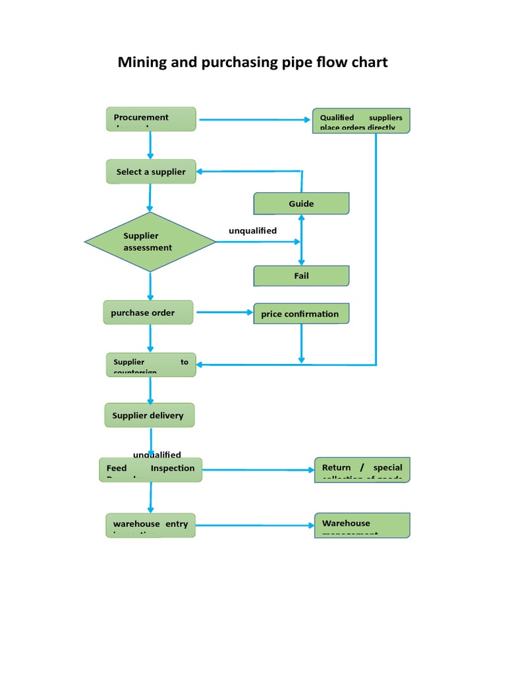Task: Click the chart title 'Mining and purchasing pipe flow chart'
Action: coord(252,63)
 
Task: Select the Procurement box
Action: coord(151,119)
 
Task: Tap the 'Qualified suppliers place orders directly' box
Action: coord(361,121)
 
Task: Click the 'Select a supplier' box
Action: coord(151,171)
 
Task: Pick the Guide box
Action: coord(301,203)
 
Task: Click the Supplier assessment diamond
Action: coord(150,242)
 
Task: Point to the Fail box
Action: coord(301,276)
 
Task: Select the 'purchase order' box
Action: coord(148,313)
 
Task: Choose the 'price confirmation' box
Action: coord(301,313)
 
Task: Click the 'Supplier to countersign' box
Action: coord(151,365)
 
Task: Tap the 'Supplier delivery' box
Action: coord(150,415)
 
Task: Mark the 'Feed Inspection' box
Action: coord(151,469)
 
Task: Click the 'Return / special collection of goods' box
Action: coord(362,470)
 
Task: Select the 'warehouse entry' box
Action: coord(151,525)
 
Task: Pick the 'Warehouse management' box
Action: coord(362,525)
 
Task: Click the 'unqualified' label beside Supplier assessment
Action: coord(252,231)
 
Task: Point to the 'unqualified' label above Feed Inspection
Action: coord(157,455)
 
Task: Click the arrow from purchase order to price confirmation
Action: coord(224,313)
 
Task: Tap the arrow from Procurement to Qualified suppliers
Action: coord(254,120)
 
